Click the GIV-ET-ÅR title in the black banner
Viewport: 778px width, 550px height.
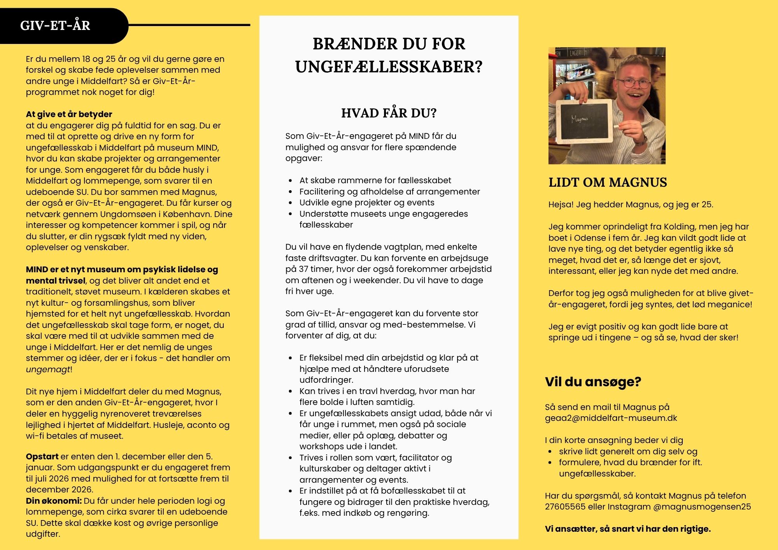point(55,26)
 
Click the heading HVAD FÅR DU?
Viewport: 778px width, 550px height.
point(389,113)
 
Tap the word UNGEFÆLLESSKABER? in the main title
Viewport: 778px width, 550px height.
point(389,67)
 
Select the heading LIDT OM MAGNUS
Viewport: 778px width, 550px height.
point(608,182)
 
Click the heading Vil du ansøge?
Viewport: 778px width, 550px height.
point(593,382)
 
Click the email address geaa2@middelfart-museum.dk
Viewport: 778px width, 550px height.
point(611,418)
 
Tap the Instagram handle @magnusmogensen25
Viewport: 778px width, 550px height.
point(702,507)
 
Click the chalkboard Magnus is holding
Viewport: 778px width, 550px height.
point(583,121)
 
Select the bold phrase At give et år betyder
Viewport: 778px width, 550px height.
point(69,114)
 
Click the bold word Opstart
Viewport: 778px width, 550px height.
point(42,456)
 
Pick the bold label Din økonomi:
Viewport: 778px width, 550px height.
point(54,501)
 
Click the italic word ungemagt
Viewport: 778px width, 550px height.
point(48,370)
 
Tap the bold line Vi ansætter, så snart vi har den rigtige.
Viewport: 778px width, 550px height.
point(627,529)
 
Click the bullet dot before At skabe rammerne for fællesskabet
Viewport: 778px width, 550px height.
point(290,181)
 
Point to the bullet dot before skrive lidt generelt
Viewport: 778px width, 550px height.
point(550,452)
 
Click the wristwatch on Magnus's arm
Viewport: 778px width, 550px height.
point(644,138)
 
